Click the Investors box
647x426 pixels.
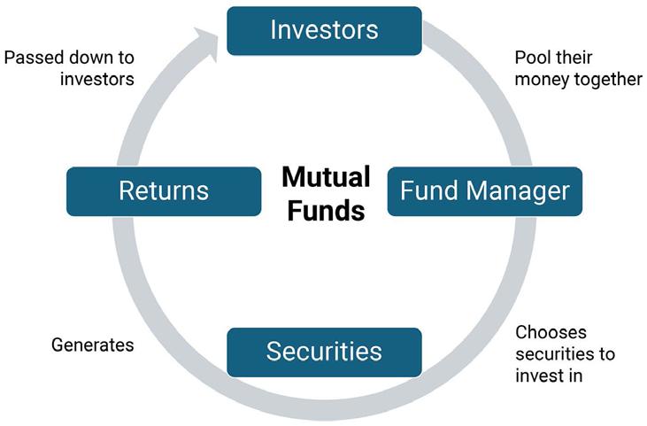click(x=324, y=30)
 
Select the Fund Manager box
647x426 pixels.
click(x=485, y=190)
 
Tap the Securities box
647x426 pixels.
click(x=324, y=352)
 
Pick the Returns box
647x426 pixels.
click(x=164, y=190)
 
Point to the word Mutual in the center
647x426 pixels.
click(x=326, y=177)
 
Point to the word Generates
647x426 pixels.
click(x=93, y=345)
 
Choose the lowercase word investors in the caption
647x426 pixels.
click(x=97, y=79)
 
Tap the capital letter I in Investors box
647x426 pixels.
click(x=273, y=30)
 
